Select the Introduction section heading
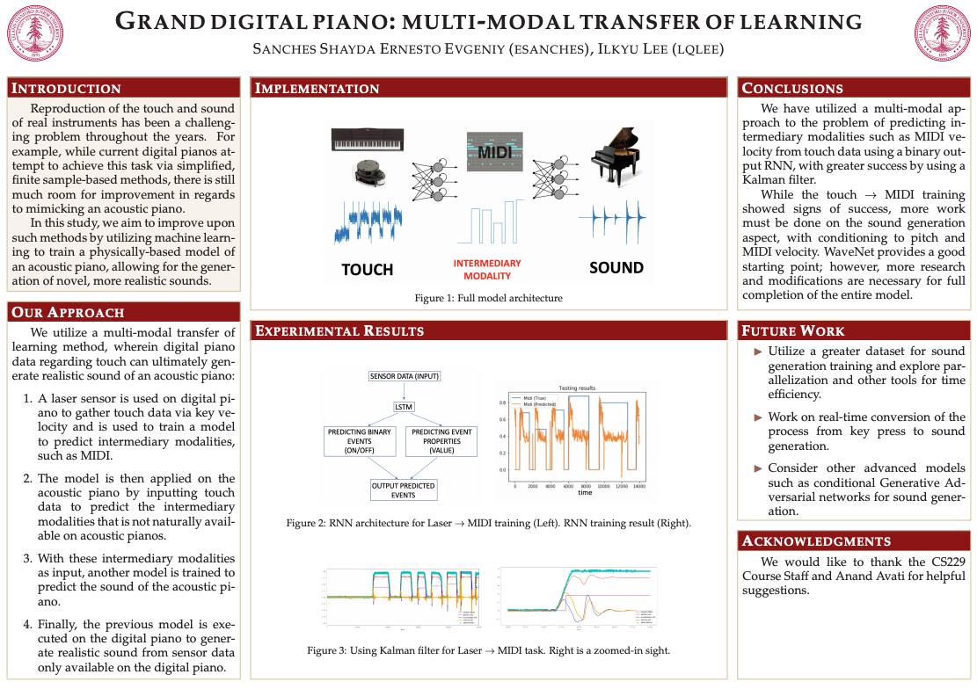[x=66, y=88]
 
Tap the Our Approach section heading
[x=68, y=312]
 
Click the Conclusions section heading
[x=792, y=88]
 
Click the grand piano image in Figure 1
[x=616, y=157]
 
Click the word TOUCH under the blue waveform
[x=367, y=269]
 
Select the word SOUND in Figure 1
[x=616, y=267]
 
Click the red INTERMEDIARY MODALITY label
[x=486, y=269]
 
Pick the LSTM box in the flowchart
[x=404, y=406]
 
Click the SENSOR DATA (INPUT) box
[x=404, y=376]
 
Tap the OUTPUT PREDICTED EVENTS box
[x=404, y=490]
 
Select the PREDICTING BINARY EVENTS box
[x=359, y=441]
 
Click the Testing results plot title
[x=578, y=388]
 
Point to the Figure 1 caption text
[x=488, y=298]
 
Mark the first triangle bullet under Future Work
[x=759, y=352]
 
